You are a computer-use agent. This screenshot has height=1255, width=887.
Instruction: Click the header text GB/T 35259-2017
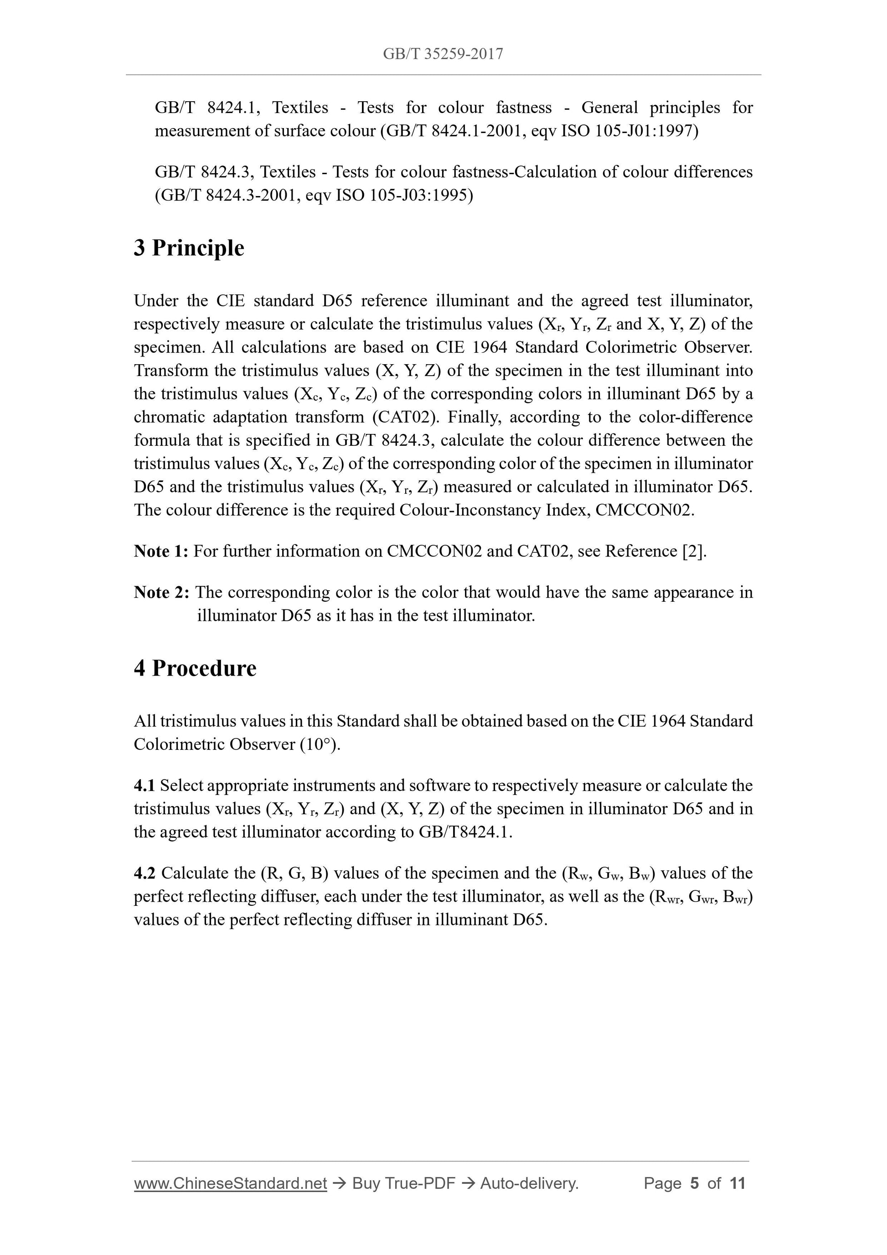(443, 54)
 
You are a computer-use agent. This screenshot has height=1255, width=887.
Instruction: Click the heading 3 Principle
(189, 248)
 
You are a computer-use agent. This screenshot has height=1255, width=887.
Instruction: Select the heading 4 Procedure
(195, 668)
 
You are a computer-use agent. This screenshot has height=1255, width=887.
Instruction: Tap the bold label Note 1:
(161, 551)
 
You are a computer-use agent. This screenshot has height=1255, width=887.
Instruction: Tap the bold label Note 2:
(162, 593)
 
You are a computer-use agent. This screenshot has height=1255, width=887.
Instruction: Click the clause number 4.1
(144, 785)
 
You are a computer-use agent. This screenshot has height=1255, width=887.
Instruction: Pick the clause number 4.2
(145, 873)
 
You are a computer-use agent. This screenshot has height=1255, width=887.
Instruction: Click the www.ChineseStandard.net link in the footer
(230, 1183)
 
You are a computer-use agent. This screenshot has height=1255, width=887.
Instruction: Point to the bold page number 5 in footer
(695, 1183)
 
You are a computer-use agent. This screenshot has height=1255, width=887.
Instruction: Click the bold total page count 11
(737, 1183)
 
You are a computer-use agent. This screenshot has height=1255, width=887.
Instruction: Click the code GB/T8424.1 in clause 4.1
(464, 832)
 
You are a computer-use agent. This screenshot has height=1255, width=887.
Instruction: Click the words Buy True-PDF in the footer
(403, 1183)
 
